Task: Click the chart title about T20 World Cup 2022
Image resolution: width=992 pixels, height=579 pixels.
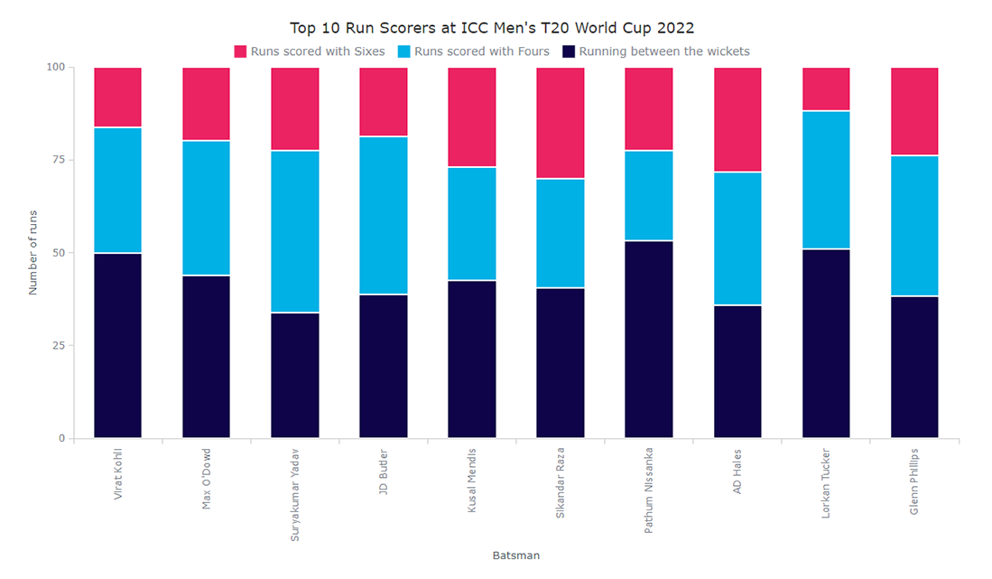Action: click(492, 28)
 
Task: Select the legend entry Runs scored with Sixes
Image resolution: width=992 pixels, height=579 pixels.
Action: click(310, 51)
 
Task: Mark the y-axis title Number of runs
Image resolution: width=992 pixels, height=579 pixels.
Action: click(33, 253)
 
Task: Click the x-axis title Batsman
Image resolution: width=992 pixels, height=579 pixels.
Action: click(516, 556)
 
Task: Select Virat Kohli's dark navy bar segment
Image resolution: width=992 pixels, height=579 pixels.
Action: click(117, 346)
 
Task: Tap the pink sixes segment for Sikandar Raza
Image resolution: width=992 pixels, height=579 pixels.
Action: click(561, 123)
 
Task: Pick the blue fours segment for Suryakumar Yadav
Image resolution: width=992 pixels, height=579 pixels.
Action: click(295, 231)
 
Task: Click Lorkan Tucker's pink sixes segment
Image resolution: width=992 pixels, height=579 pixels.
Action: click(826, 89)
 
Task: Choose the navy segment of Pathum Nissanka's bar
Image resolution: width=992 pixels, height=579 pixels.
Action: click(649, 340)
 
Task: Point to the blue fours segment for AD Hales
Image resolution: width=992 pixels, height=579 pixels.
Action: click(737, 238)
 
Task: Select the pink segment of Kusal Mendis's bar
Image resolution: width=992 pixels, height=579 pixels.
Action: click(472, 117)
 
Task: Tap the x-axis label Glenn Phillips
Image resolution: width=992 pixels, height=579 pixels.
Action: click(914, 481)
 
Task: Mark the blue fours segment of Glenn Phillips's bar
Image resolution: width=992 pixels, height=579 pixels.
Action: click(914, 226)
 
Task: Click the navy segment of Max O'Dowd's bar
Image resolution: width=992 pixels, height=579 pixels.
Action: click(206, 357)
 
